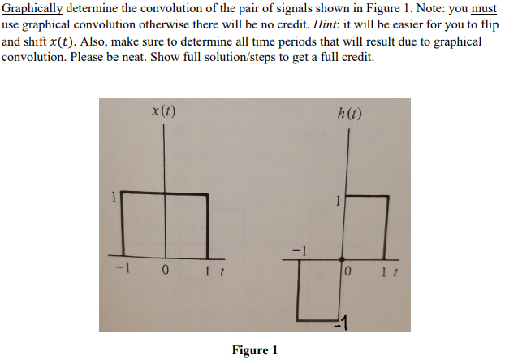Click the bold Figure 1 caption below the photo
(x=254, y=350)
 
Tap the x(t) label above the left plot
(x=165, y=111)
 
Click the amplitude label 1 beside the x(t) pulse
(x=114, y=195)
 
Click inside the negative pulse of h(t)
(x=318, y=288)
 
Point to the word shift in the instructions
(x=32, y=41)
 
